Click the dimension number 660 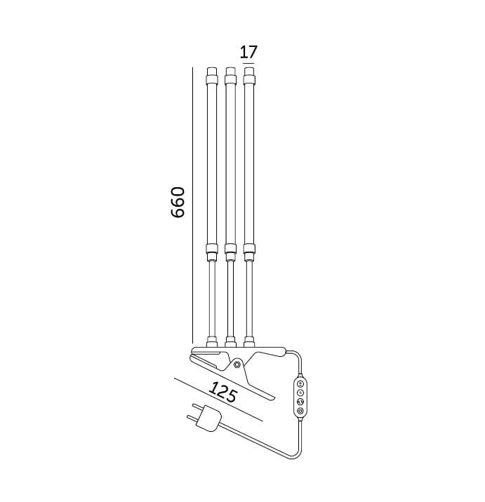click(178, 203)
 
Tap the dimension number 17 click(248, 52)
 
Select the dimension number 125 click(223, 391)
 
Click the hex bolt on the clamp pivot click(237, 364)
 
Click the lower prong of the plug click(193, 419)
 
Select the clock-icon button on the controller click(300, 393)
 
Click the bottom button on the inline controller click(300, 411)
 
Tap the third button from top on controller click(300, 402)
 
